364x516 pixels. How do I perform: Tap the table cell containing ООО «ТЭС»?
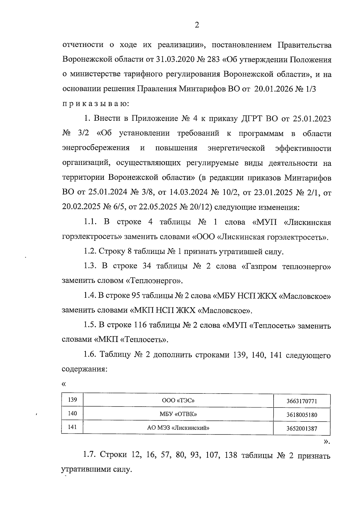[x=178, y=400]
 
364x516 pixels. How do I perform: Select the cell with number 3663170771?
[x=302, y=401]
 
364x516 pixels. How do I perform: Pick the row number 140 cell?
[x=72, y=414]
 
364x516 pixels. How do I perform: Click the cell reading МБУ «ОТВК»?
[x=178, y=414]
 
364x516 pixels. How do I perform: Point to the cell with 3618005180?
[x=302, y=415]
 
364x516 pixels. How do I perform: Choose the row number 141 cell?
[x=72, y=427]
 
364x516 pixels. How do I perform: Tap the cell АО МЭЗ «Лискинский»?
[x=178, y=428]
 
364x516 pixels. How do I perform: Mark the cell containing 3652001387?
[x=302, y=429]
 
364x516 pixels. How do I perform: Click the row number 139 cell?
[x=72, y=400]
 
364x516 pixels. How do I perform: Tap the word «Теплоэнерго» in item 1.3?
[x=154, y=281]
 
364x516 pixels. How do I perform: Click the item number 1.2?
[x=90, y=251]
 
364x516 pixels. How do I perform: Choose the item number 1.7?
[x=90, y=455]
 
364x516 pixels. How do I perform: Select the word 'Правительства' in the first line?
[x=304, y=45]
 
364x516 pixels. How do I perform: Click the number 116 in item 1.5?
[x=140, y=325]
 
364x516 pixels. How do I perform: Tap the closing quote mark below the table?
[x=326, y=442]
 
